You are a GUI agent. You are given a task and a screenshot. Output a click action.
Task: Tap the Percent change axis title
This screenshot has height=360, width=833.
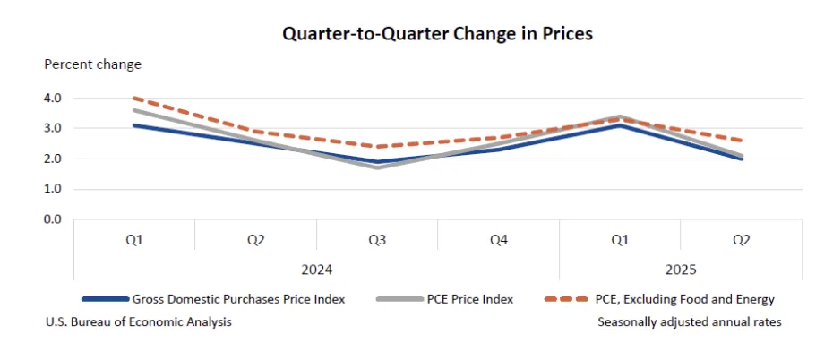(x=93, y=64)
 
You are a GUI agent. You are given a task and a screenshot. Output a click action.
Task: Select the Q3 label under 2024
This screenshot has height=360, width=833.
(x=377, y=240)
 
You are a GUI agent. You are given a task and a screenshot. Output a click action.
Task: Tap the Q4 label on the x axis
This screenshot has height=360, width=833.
(x=498, y=240)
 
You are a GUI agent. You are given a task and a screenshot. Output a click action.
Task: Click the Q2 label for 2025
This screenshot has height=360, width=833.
(x=741, y=240)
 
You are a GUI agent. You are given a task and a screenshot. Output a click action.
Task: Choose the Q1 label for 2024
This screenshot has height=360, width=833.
(x=134, y=240)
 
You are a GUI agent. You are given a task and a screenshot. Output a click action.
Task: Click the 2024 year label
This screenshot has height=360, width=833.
(x=316, y=269)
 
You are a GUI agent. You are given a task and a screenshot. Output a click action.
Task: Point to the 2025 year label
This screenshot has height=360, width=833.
(x=680, y=269)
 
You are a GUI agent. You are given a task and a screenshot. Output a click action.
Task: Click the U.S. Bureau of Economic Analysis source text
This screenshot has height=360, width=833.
(x=138, y=321)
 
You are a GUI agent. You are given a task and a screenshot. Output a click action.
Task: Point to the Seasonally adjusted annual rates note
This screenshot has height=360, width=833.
(x=690, y=321)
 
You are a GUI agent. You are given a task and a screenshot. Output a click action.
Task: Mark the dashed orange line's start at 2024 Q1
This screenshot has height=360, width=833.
(x=134, y=99)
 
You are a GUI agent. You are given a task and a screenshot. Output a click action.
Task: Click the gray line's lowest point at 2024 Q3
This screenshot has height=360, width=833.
(x=377, y=167)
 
